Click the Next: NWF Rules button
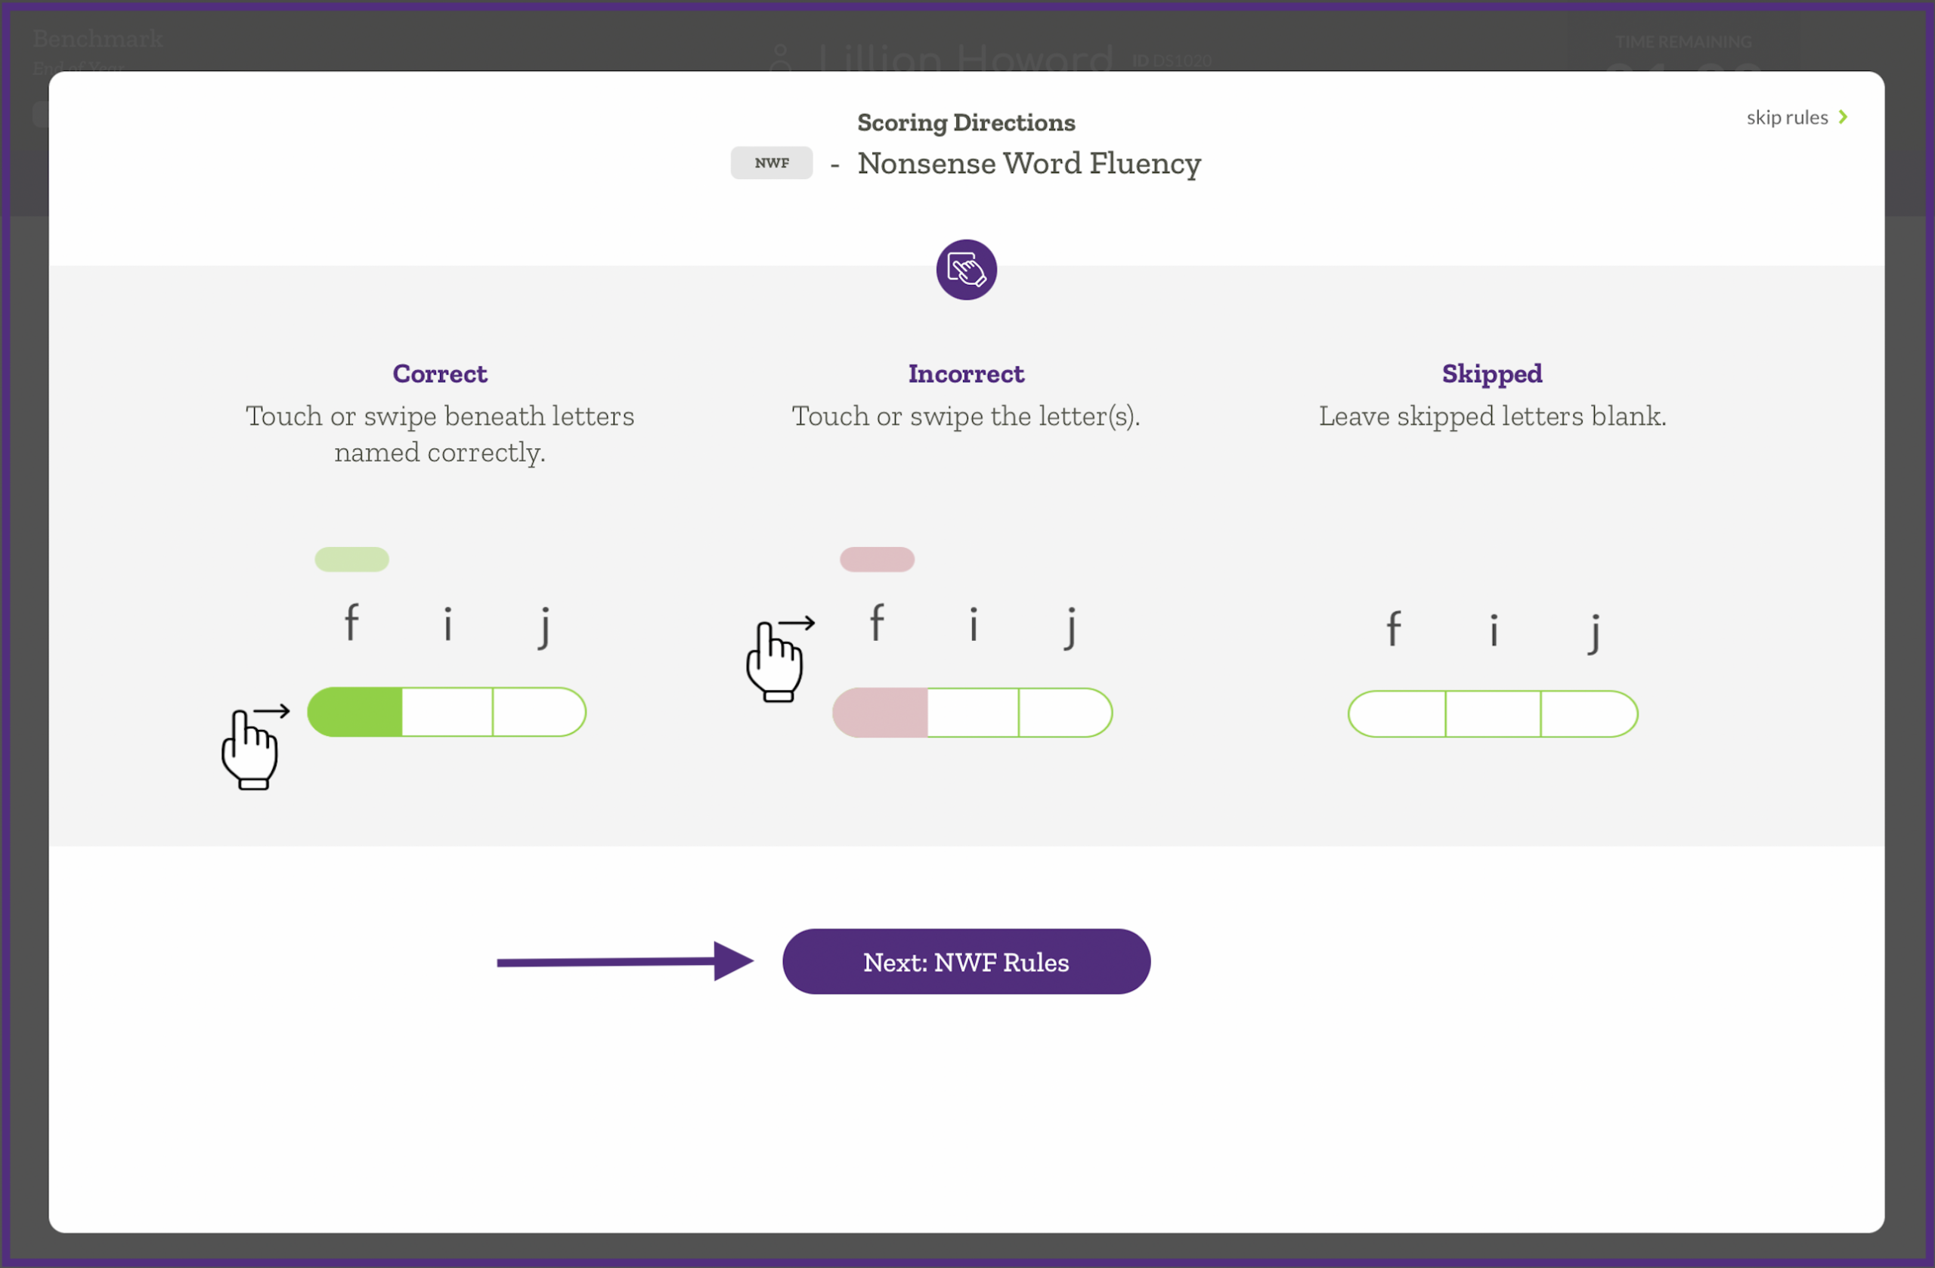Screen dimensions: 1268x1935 966,961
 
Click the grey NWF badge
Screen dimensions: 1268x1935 771,162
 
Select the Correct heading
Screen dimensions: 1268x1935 440,374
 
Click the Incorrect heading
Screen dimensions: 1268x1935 966,374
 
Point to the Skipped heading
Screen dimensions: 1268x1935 1491,374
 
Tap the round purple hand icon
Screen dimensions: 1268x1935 966,270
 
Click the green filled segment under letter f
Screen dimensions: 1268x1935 355,713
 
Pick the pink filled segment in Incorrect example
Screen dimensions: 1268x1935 881,713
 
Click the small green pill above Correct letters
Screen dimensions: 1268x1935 351,559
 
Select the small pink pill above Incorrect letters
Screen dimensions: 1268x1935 877,559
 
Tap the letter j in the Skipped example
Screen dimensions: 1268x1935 1594,632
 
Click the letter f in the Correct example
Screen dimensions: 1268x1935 351,623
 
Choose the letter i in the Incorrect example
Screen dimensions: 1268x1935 974,624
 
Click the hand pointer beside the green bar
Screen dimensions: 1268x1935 251,748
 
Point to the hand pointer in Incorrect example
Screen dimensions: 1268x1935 776,660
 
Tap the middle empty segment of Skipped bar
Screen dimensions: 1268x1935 1493,714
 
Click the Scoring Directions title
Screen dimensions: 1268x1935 966,122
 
